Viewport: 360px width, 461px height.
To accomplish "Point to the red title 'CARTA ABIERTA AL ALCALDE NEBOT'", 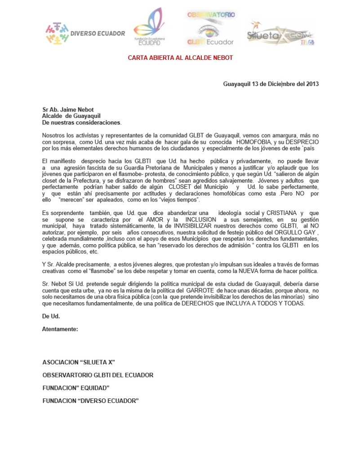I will tap(180, 58).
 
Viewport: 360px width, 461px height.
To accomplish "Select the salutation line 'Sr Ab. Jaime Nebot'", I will tap(69, 109).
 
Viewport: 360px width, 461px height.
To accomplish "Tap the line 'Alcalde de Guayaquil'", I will tap(71, 116).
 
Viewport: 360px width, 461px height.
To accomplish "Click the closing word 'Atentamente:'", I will tap(60, 329).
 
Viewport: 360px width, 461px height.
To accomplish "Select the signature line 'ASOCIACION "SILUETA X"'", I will tap(81, 362).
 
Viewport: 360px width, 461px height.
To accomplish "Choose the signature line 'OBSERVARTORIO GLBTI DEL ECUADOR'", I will tap(98, 375).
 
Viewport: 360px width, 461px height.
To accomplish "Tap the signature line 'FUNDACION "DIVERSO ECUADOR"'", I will tap(90, 401).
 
